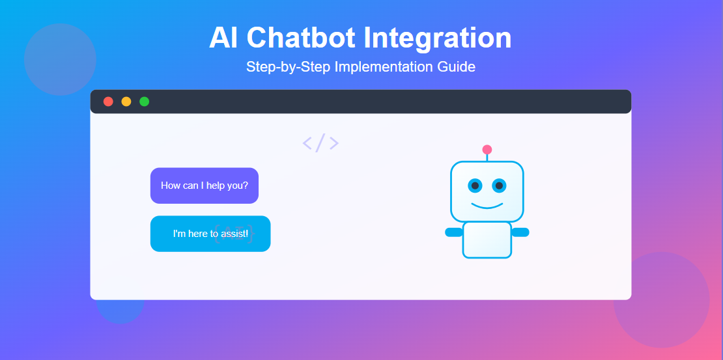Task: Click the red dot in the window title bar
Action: (x=108, y=102)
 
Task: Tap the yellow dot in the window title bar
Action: (x=126, y=102)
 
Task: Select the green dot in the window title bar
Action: (x=145, y=102)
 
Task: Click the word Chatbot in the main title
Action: (x=304, y=38)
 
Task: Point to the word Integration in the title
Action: (x=438, y=38)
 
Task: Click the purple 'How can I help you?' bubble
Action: (x=205, y=186)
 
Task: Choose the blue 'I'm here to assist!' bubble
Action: (x=210, y=234)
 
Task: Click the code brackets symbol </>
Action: (x=320, y=143)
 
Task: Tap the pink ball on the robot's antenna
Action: (x=487, y=149)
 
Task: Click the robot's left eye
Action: (x=475, y=186)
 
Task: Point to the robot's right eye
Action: (x=499, y=186)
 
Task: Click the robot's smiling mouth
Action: (x=487, y=206)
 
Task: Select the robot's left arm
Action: (x=454, y=232)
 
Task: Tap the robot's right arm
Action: (x=520, y=232)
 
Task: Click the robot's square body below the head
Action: (x=487, y=240)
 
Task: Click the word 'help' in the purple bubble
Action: (x=216, y=186)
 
